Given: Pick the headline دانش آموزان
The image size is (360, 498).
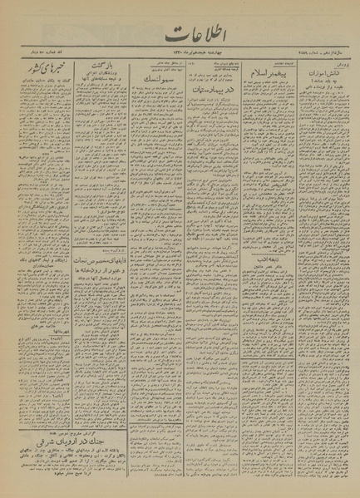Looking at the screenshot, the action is coord(325,86).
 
